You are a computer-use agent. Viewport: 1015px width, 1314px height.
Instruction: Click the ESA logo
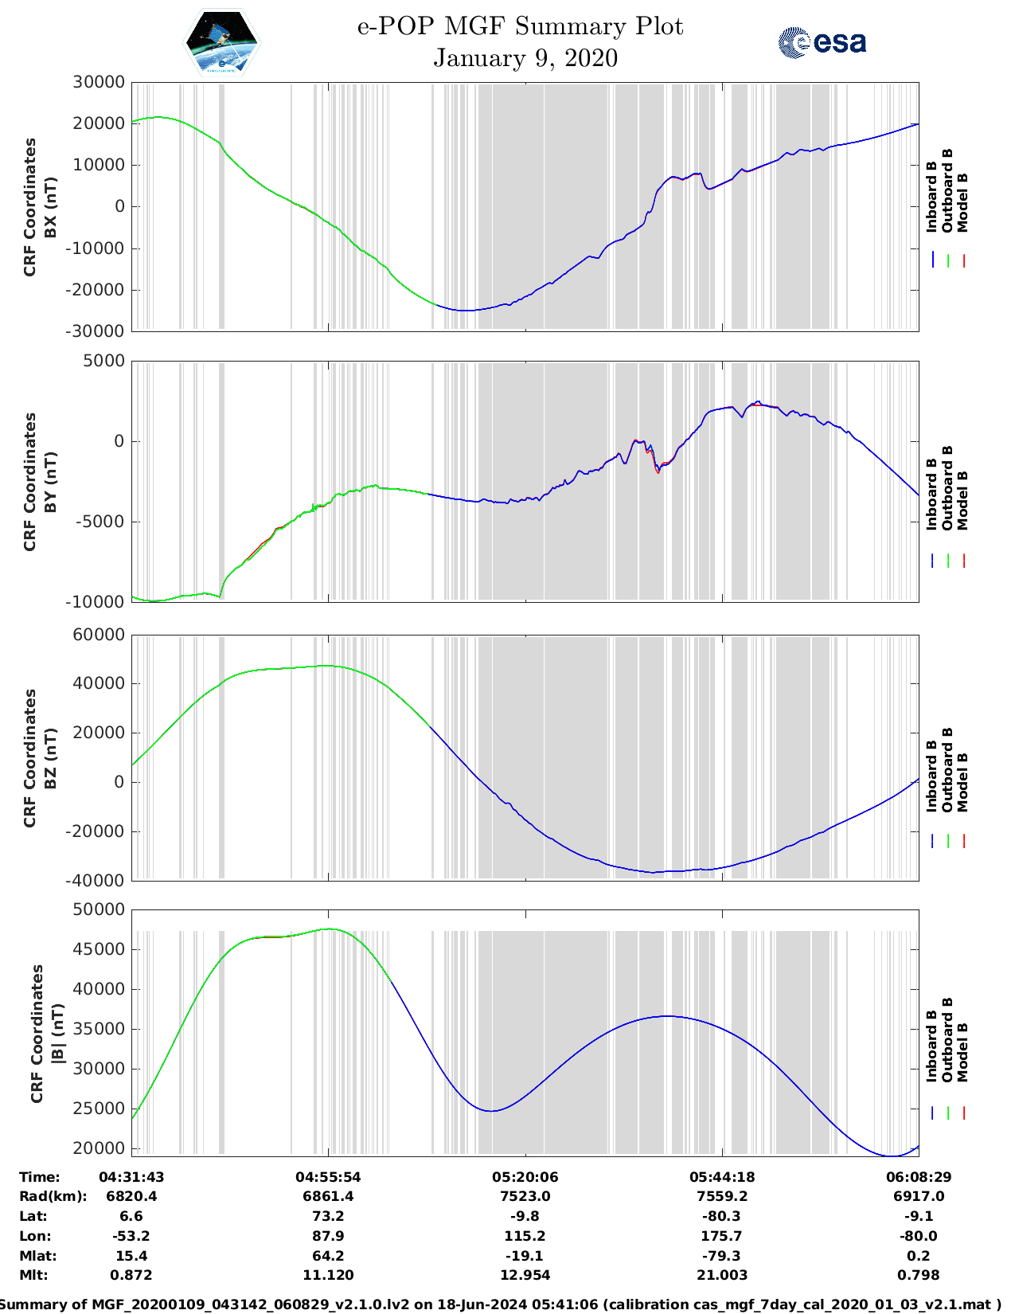point(822,42)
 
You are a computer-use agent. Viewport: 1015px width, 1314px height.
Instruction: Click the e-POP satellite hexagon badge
point(221,42)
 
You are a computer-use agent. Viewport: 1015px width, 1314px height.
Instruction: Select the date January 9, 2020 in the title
point(525,58)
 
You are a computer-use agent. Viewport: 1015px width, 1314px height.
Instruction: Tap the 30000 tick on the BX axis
point(99,82)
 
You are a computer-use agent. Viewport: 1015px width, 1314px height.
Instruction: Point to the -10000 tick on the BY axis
point(99,602)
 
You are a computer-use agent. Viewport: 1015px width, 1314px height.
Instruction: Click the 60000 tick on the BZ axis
point(99,635)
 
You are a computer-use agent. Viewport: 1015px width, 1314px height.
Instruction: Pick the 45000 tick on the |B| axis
point(99,949)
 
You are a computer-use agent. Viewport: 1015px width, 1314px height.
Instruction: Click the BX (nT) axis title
point(50,207)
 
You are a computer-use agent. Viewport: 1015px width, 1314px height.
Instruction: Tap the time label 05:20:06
point(525,1177)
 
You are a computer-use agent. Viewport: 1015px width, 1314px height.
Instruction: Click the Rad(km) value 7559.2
point(722,1196)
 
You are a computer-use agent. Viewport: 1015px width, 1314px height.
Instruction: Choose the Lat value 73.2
point(328,1216)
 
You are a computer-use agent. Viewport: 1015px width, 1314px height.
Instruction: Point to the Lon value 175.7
point(722,1236)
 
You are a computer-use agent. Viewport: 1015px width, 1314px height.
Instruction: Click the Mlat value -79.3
point(722,1256)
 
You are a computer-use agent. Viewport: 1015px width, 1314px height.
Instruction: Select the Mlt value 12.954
point(525,1275)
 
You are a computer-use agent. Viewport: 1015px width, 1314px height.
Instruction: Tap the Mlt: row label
point(33,1275)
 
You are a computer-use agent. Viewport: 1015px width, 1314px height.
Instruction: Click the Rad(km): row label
point(53,1196)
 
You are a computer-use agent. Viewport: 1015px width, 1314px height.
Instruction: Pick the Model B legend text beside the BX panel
point(962,202)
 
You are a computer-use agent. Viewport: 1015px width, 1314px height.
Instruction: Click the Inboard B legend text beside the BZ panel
point(932,776)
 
